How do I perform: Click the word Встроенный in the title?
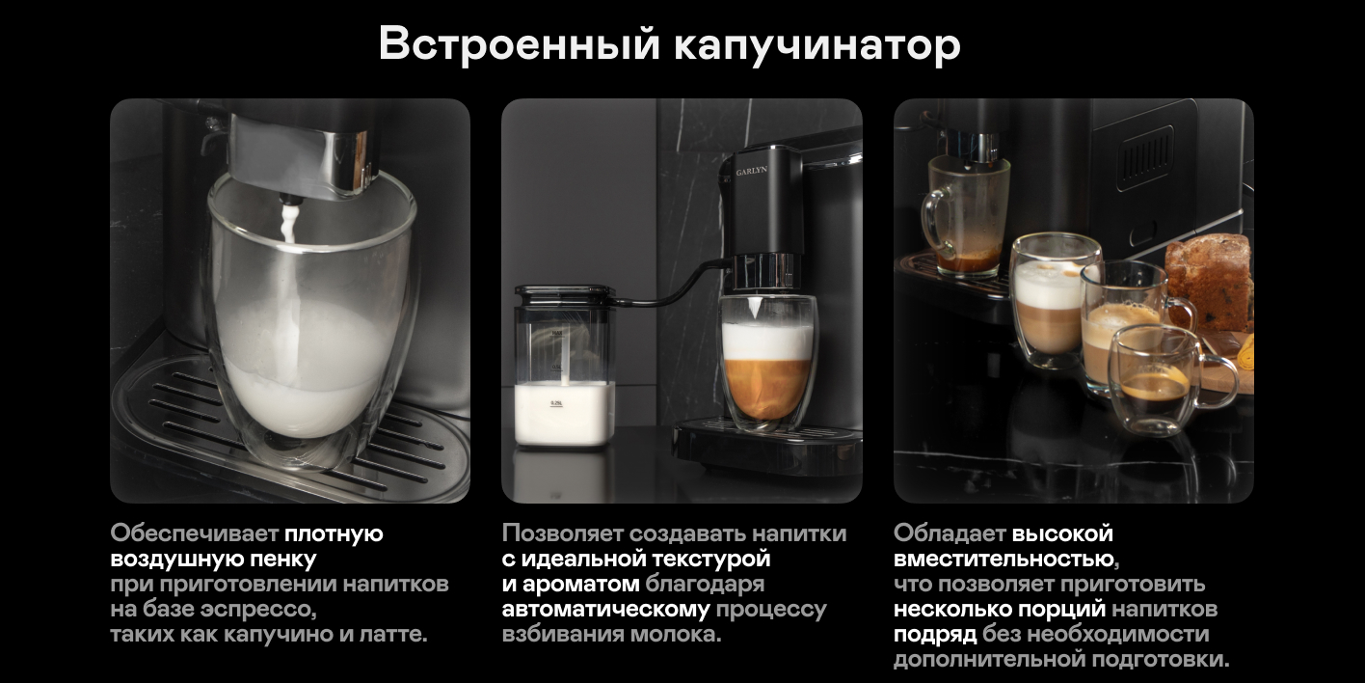pos(520,44)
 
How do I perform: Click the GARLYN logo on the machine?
pos(751,172)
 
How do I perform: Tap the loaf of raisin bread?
pos(1210,283)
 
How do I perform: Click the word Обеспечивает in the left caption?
pos(195,533)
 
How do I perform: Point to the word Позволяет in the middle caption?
pos(563,533)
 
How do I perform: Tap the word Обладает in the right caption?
pos(950,533)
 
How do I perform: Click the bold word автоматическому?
pos(605,610)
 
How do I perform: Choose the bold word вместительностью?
pos(1006,560)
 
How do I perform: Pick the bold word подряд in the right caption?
pos(935,634)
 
